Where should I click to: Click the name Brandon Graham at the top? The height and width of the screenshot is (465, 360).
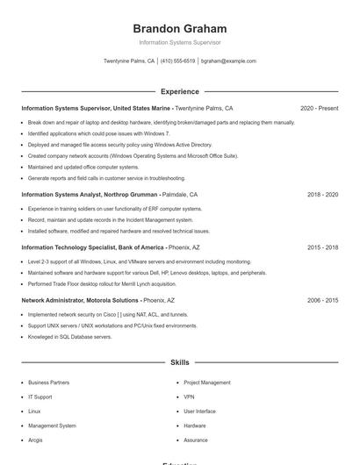180,28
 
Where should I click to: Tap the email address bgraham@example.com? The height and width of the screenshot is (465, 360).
228,61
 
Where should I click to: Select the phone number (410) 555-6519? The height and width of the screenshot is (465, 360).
178,61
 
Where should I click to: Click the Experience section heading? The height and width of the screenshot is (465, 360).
180,91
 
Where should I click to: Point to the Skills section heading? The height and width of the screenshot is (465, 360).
180,361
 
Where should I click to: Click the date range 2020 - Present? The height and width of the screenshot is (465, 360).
319,109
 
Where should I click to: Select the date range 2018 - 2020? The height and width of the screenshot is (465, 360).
322,194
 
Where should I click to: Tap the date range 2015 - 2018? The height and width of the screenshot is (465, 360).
322,247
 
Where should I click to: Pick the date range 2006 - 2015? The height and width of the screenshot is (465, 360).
322,300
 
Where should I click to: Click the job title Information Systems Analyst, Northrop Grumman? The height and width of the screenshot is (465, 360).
89,194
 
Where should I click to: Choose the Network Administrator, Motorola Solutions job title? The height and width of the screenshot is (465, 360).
79,300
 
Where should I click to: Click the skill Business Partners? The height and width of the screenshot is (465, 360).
48,383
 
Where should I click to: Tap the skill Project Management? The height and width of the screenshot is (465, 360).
206,383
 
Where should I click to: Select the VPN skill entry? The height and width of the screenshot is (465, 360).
190,397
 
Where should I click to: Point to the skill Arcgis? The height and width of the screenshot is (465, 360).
35,440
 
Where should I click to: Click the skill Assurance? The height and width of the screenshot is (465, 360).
196,440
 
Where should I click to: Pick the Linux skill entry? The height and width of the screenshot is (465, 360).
34,411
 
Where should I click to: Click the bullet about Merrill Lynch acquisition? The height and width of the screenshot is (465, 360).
102,284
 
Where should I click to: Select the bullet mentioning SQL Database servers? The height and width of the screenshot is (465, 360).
70,337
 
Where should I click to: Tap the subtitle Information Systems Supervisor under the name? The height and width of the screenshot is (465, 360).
180,42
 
